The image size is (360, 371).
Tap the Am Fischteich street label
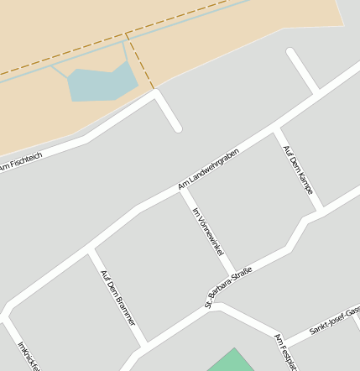(x=20, y=163)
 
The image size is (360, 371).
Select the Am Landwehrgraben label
(x=209, y=168)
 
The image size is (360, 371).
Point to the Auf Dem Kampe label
(x=298, y=170)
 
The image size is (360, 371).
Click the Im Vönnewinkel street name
(x=209, y=231)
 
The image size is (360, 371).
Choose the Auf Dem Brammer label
(x=117, y=297)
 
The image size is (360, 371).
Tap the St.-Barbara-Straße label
(x=228, y=287)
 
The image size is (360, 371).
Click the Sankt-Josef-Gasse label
(x=335, y=319)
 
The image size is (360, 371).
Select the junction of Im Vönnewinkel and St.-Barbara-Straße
(x=232, y=273)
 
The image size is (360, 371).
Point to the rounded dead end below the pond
(x=176, y=128)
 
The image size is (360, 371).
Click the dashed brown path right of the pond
(x=141, y=63)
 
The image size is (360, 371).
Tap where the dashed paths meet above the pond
(x=126, y=35)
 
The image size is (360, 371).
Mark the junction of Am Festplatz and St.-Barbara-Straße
(x=217, y=306)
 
